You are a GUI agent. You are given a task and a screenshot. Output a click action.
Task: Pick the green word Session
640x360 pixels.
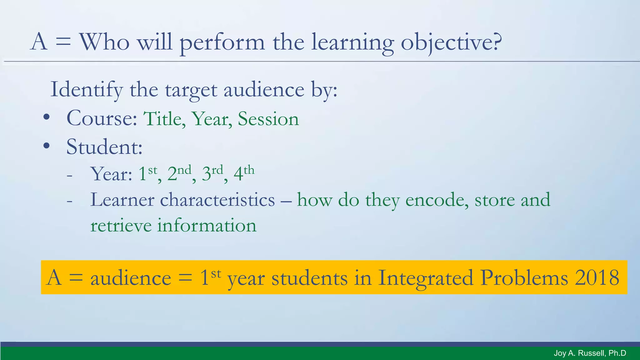pos(268,119)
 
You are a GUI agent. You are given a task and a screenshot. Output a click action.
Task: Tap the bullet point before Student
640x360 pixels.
pos(47,146)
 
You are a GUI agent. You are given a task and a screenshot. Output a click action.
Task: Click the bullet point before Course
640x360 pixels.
pos(47,117)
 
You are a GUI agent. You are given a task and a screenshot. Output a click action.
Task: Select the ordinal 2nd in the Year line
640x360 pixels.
pos(179,173)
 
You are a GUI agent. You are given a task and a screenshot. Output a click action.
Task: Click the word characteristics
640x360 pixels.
pos(217,200)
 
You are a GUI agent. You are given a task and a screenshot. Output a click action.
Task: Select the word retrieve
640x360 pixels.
pos(121,226)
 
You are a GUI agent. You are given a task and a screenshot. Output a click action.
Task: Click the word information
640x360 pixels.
pos(207,226)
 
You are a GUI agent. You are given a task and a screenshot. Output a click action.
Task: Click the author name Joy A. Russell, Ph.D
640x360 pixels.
pos(590,353)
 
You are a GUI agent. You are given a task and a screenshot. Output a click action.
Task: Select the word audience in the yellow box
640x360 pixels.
pos(131,277)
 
